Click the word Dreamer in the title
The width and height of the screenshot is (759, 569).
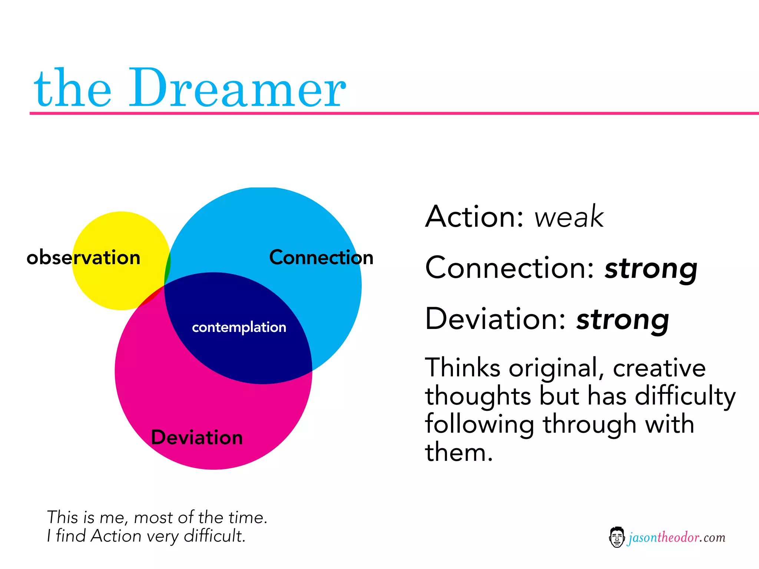[237, 89]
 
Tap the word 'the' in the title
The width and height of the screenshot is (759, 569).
[73, 89]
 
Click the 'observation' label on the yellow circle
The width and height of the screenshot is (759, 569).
[84, 257]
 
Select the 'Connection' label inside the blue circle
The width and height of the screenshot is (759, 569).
[321, 257]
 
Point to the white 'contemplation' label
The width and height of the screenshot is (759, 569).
[239, 327]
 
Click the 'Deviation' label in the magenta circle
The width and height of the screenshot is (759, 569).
[197, 437]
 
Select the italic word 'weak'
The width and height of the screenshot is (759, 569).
[569, 217]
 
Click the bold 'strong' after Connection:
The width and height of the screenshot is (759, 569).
[651, 269]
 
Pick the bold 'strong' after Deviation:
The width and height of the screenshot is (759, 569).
[623, 320]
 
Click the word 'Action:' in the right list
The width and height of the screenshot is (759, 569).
[474, 217]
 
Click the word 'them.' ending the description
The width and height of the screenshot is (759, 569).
[459, 453]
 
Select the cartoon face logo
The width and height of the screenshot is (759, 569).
[617, 537]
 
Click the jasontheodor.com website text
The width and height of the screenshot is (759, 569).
[677, 538]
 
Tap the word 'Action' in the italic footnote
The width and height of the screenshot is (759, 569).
[116, 536]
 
